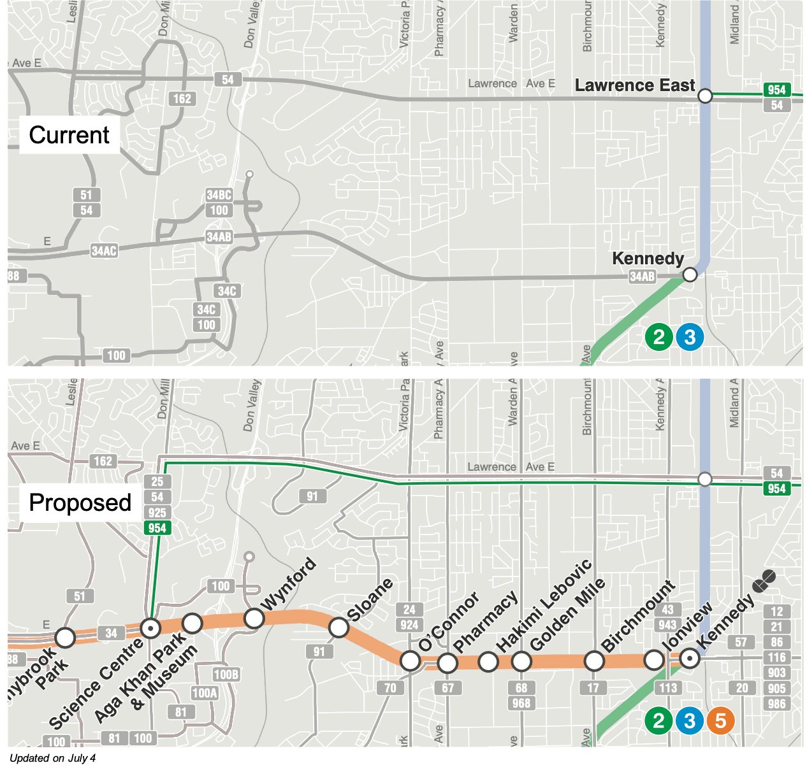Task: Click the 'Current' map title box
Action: tap(69, 135)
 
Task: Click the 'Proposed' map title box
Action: tap(80, 503)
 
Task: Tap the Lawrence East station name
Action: tap(634, 85)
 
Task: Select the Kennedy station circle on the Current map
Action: tap(690, 275)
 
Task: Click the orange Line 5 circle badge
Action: tap(720, 721)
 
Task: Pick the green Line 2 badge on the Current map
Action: tap(658, 337)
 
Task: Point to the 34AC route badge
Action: tap(104, 251)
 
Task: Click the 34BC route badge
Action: tap(219, 195)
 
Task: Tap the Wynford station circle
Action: tap(254, 618)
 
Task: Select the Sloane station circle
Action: tap(338, 627)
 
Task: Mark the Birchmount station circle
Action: tap(594, 661)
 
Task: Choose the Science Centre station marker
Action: tap(150, 629)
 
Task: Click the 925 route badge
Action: tap(157, 513)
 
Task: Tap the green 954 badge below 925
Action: tap(157, 528)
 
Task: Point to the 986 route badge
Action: tap(776, 704)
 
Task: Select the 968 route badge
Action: tap(521, 703)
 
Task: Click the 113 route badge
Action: tap(668, 688)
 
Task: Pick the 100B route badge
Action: tap(226, 675)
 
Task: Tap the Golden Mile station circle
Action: tap(521, 662)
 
